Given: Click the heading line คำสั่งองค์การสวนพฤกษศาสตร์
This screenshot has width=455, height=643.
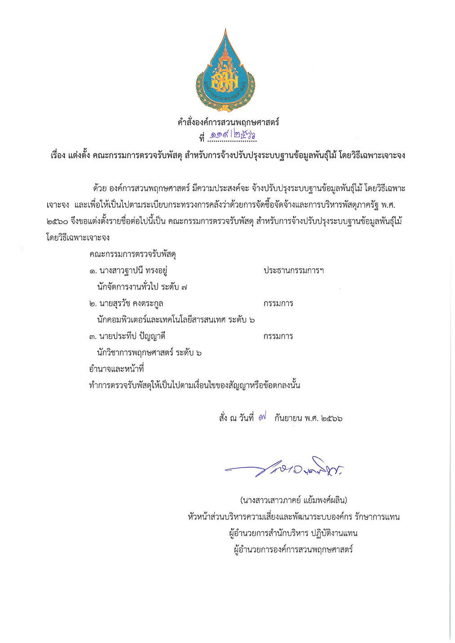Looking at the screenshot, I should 228,122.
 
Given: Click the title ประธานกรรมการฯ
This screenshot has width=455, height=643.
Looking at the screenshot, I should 294,271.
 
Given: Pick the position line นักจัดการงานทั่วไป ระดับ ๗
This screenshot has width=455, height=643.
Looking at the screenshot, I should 142,287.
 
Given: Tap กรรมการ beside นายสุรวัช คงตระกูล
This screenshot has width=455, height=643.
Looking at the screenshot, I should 278,303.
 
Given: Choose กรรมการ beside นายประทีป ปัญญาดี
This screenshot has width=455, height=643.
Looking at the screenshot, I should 278,336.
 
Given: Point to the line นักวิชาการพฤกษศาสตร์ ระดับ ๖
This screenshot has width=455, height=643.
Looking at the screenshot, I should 149,353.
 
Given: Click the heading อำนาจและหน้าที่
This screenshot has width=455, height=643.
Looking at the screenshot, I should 116,369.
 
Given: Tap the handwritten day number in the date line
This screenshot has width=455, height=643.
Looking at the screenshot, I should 263,418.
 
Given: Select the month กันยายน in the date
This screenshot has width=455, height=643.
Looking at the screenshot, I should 287,418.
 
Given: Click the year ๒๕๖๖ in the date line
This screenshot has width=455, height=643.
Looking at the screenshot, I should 332,418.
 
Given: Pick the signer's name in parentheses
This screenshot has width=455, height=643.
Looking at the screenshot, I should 294,500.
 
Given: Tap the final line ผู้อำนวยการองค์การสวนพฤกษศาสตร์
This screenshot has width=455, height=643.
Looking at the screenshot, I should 293,549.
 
